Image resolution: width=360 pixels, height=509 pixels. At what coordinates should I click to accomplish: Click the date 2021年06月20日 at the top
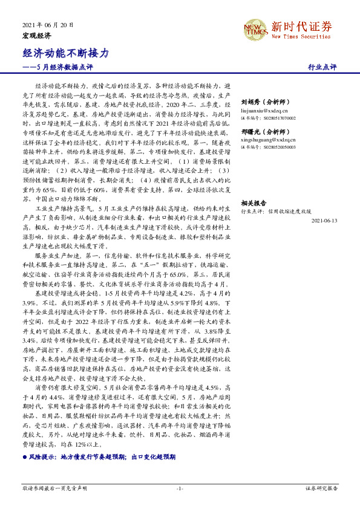[x=48, y=25]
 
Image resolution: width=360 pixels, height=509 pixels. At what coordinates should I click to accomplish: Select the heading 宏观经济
[x=37, y=36]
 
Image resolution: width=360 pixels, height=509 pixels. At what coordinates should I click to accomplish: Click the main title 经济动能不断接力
[x=66, y=53]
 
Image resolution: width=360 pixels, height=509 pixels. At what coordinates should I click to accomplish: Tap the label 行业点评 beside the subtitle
[x=322, y=66]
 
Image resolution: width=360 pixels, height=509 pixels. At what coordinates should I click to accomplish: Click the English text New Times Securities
[x=301, y=37]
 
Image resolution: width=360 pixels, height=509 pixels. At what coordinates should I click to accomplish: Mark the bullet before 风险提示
[x=25, y=459]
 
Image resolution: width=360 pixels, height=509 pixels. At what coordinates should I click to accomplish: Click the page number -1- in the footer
[x=180, y=488]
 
